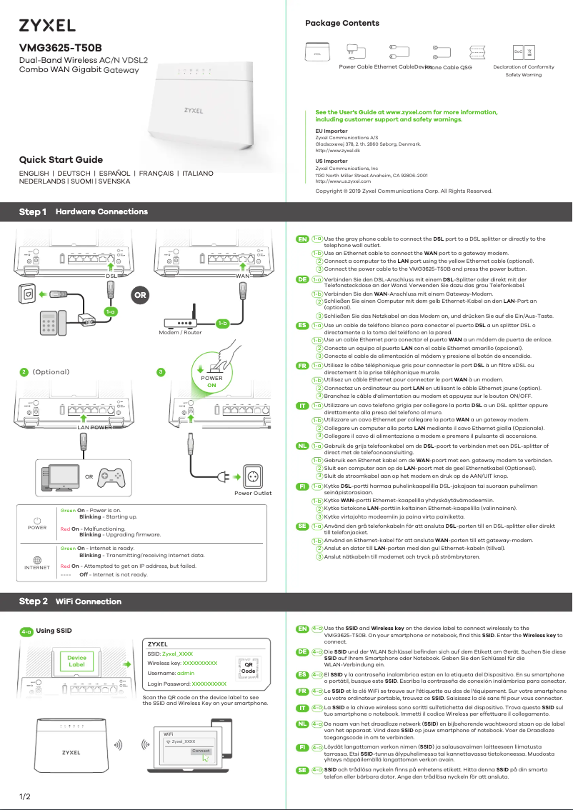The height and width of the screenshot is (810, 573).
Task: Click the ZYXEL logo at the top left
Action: coord(47,26)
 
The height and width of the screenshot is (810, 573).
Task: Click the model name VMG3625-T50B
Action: coord(60,48)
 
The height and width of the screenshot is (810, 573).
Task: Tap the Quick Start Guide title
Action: coord(61,159)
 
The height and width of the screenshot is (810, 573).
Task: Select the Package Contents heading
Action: coord(342,24)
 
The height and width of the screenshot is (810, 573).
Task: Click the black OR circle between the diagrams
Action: coord(141,294)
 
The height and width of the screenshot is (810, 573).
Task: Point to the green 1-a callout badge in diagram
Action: coord(110,311)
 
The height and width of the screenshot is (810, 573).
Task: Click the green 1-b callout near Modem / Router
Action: coord(222,324)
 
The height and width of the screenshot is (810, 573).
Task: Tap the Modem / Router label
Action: coord(180,333)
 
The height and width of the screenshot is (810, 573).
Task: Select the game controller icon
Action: coord(111,476)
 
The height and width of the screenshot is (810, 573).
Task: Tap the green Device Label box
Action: coord(76,661)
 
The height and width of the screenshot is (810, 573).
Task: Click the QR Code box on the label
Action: coord(248,667)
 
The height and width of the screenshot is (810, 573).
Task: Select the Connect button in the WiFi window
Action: coord(201,751)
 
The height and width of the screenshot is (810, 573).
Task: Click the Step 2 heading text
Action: coord(34,601)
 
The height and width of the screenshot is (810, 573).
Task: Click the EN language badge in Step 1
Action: coord(302,239)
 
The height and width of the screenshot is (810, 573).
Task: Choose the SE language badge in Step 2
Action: coord(302,770)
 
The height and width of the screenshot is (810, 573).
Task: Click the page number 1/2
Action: coord(25,796)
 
